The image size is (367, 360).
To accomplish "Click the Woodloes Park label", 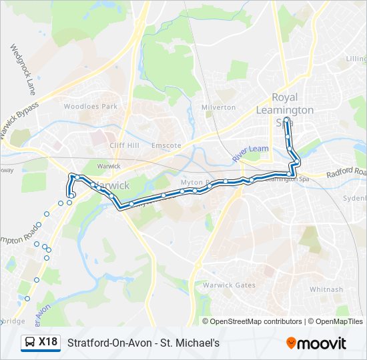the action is pyautogui.click(x=90, y=107).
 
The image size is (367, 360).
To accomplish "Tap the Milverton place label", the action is pyautogui.click(x=218, y=107).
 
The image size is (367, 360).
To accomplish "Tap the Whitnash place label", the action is pyautogui.click(x=326, y=289).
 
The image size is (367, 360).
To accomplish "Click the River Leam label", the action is pyautogui.click(x=250, y=155).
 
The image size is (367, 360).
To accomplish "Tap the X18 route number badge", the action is pyautogui.click(x=47, y=342).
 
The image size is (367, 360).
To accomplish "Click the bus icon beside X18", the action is pyautogui.click(x=31, y=343).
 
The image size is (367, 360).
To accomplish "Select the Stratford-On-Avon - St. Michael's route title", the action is pyautogui.click(x=143, y=343).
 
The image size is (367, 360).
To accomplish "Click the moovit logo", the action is pyautogui.click(x=316, y=343).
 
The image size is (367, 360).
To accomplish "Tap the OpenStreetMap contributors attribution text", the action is pyautogui.click(x=256, y=321).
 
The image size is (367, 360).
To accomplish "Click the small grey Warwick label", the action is pyautogui.click(x=109, y=166).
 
